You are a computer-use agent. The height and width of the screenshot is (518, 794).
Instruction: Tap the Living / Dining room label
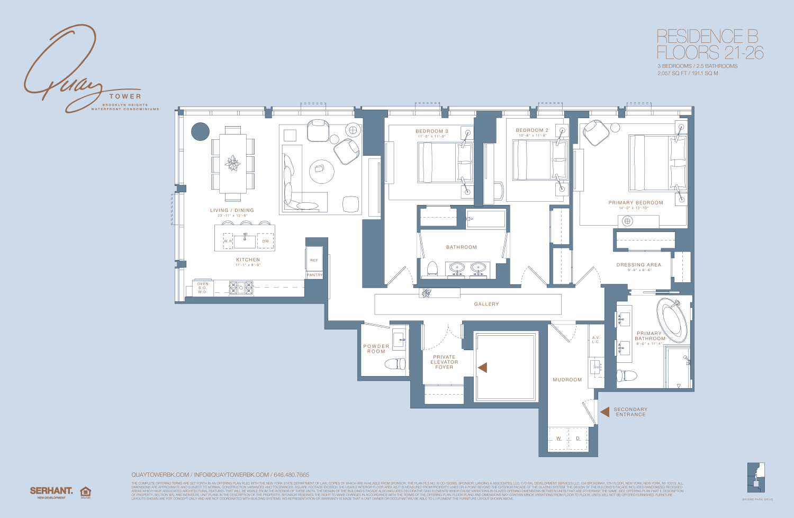pyautogui.click(x=232, y=210)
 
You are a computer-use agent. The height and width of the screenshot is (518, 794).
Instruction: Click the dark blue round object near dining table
pyautogui.click(x=200, y=131)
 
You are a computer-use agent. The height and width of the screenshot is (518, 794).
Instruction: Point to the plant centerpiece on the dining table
pyautogui.click(x=232, y=164)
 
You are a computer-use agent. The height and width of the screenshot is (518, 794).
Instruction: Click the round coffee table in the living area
pyautogui.click(x=321, y=171)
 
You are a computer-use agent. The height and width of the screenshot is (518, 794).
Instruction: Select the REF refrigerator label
pyautogui.click(x=314, y=260)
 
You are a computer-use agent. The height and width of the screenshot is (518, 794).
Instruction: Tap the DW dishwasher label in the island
pyautogui.click(x=265, y=241)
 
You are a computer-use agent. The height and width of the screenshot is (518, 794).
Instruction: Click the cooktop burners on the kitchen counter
pyautogui.click(x=241, y=288)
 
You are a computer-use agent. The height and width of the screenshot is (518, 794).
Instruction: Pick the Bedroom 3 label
pyautogui.click(x=431, y=131)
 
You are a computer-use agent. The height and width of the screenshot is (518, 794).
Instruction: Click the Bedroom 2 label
pyautogui.click(x=532, y=130)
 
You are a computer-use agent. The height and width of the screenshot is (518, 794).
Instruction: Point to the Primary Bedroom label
pyautogui.click(x=635, y=203)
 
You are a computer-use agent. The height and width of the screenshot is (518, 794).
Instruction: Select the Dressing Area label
pyautogui.click(x=638, y=265)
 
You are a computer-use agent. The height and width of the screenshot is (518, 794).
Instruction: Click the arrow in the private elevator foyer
pyautogui.click(x=482, y=367)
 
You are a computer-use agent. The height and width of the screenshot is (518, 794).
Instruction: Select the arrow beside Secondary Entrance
pyautogui.click(x=604, y=412)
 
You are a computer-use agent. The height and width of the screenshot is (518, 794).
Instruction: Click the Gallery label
pyautogui.click(x=486, y=304)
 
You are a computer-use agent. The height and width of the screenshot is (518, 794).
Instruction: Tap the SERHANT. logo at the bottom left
pyautogui.click(x=51, y=491)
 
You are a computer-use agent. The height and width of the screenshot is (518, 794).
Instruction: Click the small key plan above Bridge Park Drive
pyautogui.click(x=756, y=479)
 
